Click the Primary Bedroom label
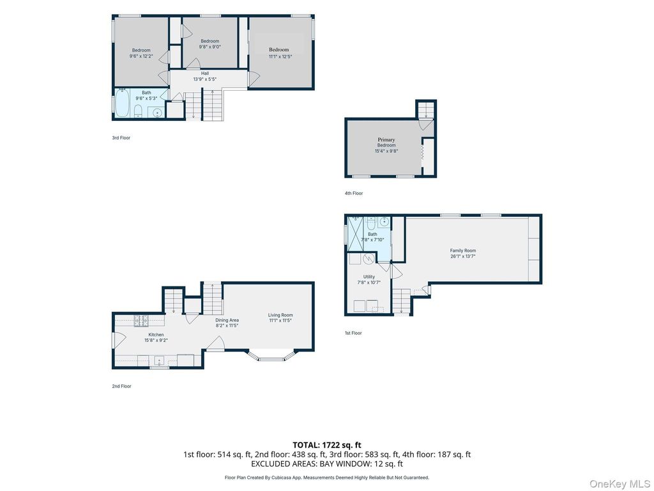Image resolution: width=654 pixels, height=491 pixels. pyautogui.click(x=386, y=143)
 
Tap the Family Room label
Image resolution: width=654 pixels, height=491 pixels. pyautogui.click(x=462, y=251)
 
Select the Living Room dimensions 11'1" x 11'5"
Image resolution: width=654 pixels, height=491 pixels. pyautogui.click(x=280, y=321)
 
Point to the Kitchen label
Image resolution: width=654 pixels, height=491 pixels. pyautogui.click(x=156, y=334)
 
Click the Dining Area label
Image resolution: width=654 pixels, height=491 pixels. pyautogui.click(x=227, y=320)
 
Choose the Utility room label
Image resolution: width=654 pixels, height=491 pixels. pyautogui.click(x=369, y=277)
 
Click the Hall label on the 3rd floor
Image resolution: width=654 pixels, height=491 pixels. pyautogui.click(x=205, y=74)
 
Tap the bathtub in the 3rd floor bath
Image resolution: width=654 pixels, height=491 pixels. pyautogui.click(x=123, y=103)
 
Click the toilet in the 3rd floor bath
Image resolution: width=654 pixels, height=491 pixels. pyautogui.click(x=138, y=111)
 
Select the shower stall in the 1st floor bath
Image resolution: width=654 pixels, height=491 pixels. pyautogui.click(x=356, y=234)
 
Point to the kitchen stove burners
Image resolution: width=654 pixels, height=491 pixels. pyautogui.click(x=141, y=321)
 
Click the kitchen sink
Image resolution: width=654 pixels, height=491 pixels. pyautogui.click(x=159, y=360)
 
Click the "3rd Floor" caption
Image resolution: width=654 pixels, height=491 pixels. pyautogui.click(x=121, y=138)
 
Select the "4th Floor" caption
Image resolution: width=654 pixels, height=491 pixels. pyautogui.click(x=354, y=193)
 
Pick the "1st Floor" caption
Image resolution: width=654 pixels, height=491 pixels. pyautogui.click(x=353, y=333)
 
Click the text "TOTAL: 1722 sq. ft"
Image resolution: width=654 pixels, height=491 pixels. pyautogui.click(x=327, y=445)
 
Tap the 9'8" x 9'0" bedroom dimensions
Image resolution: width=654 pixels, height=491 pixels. pyautogui.click(x=209, y=47)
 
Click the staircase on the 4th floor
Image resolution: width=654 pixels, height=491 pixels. pyautogui.click(x=426, y=110)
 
